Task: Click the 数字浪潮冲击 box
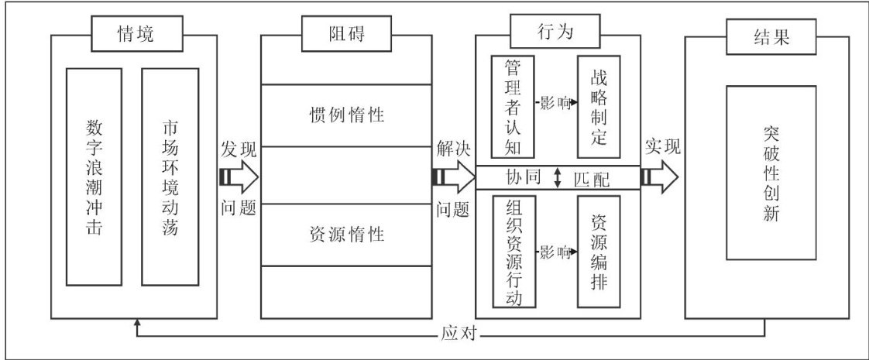coord(94,177)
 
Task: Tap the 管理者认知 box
coord(510,106)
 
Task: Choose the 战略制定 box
coord(599,106)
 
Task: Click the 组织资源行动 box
coord(512,252)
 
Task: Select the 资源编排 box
coord(599,252)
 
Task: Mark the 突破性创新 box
coord(771,177)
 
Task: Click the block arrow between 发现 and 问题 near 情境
coord(238,177)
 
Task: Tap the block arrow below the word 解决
coord(452,177)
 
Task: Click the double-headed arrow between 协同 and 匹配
coord(558,177)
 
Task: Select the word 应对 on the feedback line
coord(465,334)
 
